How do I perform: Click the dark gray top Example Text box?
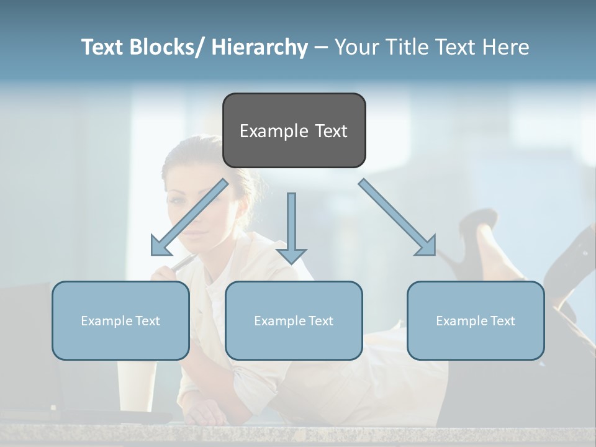pyautogui.click(x=294, y=130)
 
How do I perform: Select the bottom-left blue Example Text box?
pyautogui.click(x=120, y=320)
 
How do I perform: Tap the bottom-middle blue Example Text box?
pyautogui.click(x=293, y=320)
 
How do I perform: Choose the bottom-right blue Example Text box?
pyautogui.click(x=476, y=320)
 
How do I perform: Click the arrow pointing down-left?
pyautogui.click(x=190, y=217)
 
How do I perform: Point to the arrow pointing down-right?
pyautogui.click(x=397, y=217)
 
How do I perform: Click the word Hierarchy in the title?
pyautogui.click(x=260, y=47)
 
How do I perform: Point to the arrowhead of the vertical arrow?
pyautogui.click(x=291, y=255)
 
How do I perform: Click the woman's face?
pyautogui.click(x=192, y=211)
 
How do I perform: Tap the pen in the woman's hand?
pyautogui.click(x=183, y=263)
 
